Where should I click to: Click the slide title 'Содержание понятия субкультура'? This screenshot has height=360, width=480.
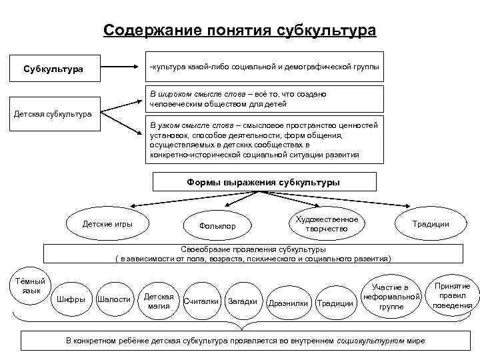click(x=239, y=31)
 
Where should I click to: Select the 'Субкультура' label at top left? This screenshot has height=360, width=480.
click(x=53, y=69)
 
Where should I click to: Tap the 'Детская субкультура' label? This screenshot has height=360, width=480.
click(x=53, y=114)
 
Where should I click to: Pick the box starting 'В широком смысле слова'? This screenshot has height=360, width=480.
click(x=265, y=99)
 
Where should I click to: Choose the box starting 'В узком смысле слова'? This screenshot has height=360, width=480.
click(x=265, y=139)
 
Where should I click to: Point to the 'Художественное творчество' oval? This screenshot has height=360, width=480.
click(x=327, y=225)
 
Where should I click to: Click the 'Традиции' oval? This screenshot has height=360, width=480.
click(x=431, y=224)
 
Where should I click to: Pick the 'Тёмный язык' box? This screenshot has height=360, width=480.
click(x=31, y=287)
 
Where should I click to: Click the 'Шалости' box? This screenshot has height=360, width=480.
click(x=114, y=299)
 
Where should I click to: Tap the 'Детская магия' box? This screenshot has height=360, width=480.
click(x=159, y=301)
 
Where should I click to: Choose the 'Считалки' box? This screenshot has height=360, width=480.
click(x=201, y=301)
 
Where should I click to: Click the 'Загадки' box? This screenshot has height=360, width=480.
click(x=243, y=301)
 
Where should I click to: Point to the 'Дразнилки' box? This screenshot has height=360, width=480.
click(x=288, y=303)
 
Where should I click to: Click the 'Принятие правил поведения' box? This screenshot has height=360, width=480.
click(x=452, y=295)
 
